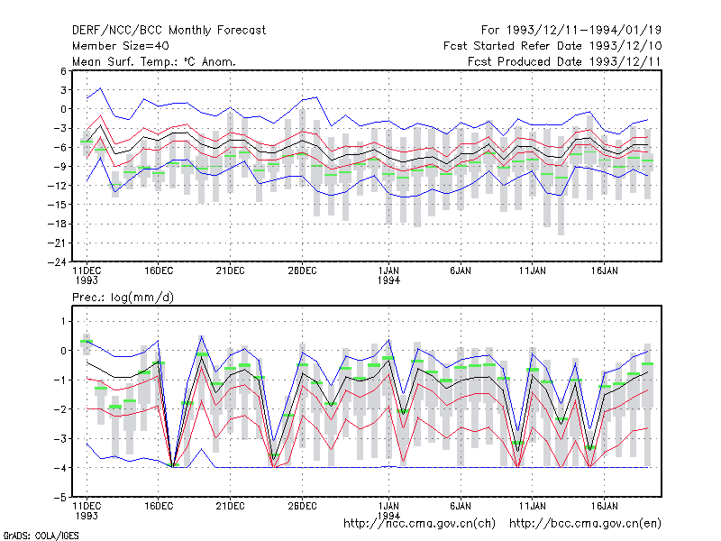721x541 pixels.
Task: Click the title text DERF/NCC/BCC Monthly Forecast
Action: click(x=169, y=31)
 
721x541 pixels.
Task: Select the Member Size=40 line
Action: click(x=121, y=46)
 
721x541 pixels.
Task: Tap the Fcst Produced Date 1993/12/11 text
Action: click(x=564, y=61)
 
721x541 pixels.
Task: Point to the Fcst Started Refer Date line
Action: click(x=552, y=46)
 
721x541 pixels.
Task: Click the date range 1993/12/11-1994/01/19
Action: click(x=584, y=31)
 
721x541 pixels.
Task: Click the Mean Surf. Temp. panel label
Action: click(x=154, y=61)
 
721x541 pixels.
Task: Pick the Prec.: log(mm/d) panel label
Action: click(x=123, y=298)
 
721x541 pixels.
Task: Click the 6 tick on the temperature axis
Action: click(x=63, y=71)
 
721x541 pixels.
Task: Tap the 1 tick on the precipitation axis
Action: click(x=63, y=321)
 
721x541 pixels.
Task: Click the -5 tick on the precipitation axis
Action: click(x=60, y=498)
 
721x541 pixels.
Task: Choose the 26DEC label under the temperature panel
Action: click(x=302, y=270)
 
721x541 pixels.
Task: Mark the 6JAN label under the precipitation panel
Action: click(x=461, y=506)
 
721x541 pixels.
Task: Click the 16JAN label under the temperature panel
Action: click(x=604, y=270)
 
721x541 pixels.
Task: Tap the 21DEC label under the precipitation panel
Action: click(x=231, y=506)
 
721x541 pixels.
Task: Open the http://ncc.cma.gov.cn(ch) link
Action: click(x=419, y=524)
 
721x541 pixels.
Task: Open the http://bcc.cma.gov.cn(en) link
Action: click(x=585, y=524)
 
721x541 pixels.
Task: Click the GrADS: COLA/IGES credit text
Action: click(x=41, y=536)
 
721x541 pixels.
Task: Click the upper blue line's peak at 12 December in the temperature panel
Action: click(x=101, y=87)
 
